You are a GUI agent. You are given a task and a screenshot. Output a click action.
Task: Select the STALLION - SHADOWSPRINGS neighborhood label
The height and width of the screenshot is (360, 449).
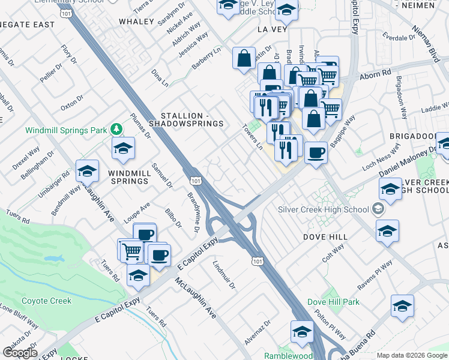pyautogui.click(x=192, y=119)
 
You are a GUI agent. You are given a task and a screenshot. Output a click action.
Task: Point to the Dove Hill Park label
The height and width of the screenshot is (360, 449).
pyautogui.click(x=333, y=302)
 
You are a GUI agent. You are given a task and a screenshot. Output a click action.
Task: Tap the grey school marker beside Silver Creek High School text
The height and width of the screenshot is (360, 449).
pyautogui.click(x=378, y=209)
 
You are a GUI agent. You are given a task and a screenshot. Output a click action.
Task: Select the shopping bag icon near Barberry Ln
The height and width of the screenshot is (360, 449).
pyautogui.click(x=244, y=59)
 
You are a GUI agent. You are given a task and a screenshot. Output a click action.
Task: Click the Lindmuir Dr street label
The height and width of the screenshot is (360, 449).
pyautogui.click(x=224, y=275)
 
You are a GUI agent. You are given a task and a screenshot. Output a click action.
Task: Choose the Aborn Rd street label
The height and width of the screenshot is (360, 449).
pyautogui.click(x=376, y=75)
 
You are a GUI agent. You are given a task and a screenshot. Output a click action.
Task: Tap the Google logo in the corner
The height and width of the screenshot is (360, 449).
pyautogui.click(x=19, y=353)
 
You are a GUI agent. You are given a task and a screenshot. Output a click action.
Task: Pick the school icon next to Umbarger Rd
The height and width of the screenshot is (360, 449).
pyautogui.click(x=88, y=172)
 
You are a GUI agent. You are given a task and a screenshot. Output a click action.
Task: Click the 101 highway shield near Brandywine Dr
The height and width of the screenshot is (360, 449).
pyautogui.click(x=195, y=180)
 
